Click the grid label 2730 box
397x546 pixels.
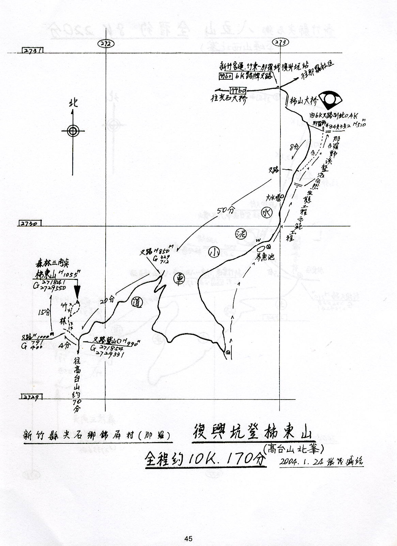29,223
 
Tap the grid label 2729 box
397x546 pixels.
32,397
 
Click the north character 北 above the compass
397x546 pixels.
73,102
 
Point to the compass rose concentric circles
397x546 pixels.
73,130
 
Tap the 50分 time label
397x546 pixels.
225,210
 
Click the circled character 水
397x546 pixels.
266,213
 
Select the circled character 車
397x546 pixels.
178,278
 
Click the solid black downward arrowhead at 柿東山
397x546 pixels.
77,293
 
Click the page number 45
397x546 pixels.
188,539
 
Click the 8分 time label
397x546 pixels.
294,147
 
